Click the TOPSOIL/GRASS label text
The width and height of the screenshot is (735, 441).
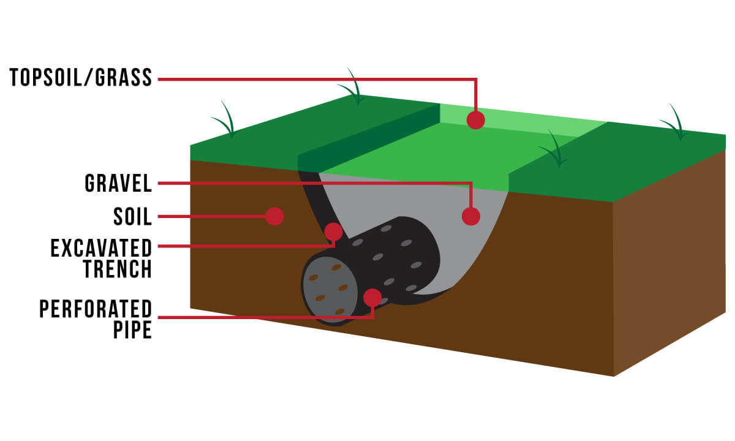coord(80,78)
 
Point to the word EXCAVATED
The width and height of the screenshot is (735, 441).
coord(101,248)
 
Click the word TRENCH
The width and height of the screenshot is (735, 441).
coord(118,269)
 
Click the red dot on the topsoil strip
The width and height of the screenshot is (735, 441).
coord(475,119)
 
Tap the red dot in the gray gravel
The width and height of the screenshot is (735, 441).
coord(470,216)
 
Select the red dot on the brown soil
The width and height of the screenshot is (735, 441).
coord(274,216)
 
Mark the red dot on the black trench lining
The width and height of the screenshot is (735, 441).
coord(333,232)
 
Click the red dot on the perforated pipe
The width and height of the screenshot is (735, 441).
coord(372,298)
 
